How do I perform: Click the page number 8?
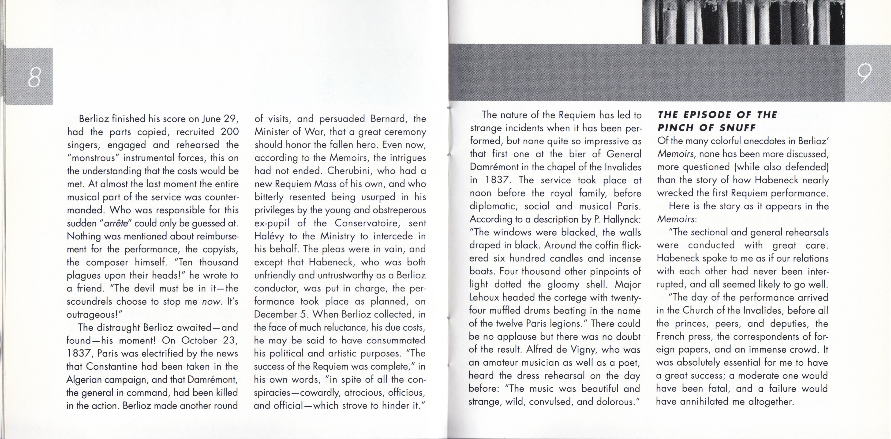pos(34,77)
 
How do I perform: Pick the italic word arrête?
pos(116,223)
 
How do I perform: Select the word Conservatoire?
pos(367,223)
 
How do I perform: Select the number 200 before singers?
pos(229,132)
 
